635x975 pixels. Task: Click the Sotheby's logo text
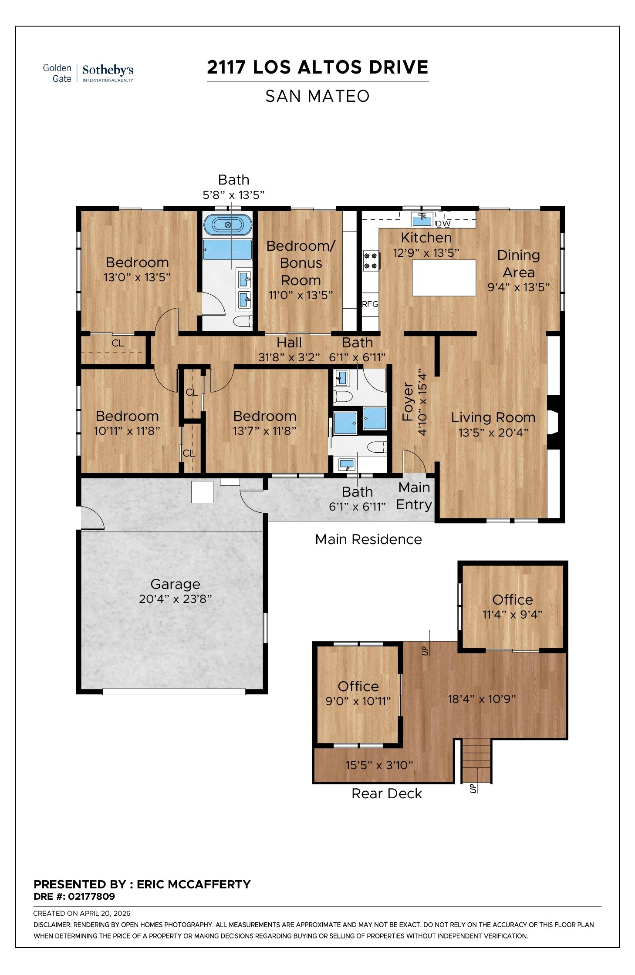(108, 70)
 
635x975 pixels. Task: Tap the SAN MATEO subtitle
(317, 96)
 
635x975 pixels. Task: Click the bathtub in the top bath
(228, 225)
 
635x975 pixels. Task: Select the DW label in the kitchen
(443, 223)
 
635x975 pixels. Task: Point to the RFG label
(370, 304)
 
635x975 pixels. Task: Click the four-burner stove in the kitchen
(371, 261)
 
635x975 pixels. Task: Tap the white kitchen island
(444, 278)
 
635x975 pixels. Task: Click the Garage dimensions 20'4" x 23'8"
(175, 599)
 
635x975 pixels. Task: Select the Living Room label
(493, 417)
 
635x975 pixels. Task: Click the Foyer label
(408, 401)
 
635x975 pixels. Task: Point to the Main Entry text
(414, 496)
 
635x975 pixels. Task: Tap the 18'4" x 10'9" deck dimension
(482, 699)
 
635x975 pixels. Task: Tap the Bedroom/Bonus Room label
(301, 263)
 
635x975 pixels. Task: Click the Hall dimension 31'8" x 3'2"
(289, 357)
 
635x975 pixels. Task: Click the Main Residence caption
(368, 539)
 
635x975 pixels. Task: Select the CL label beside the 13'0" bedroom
(118, 343)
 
